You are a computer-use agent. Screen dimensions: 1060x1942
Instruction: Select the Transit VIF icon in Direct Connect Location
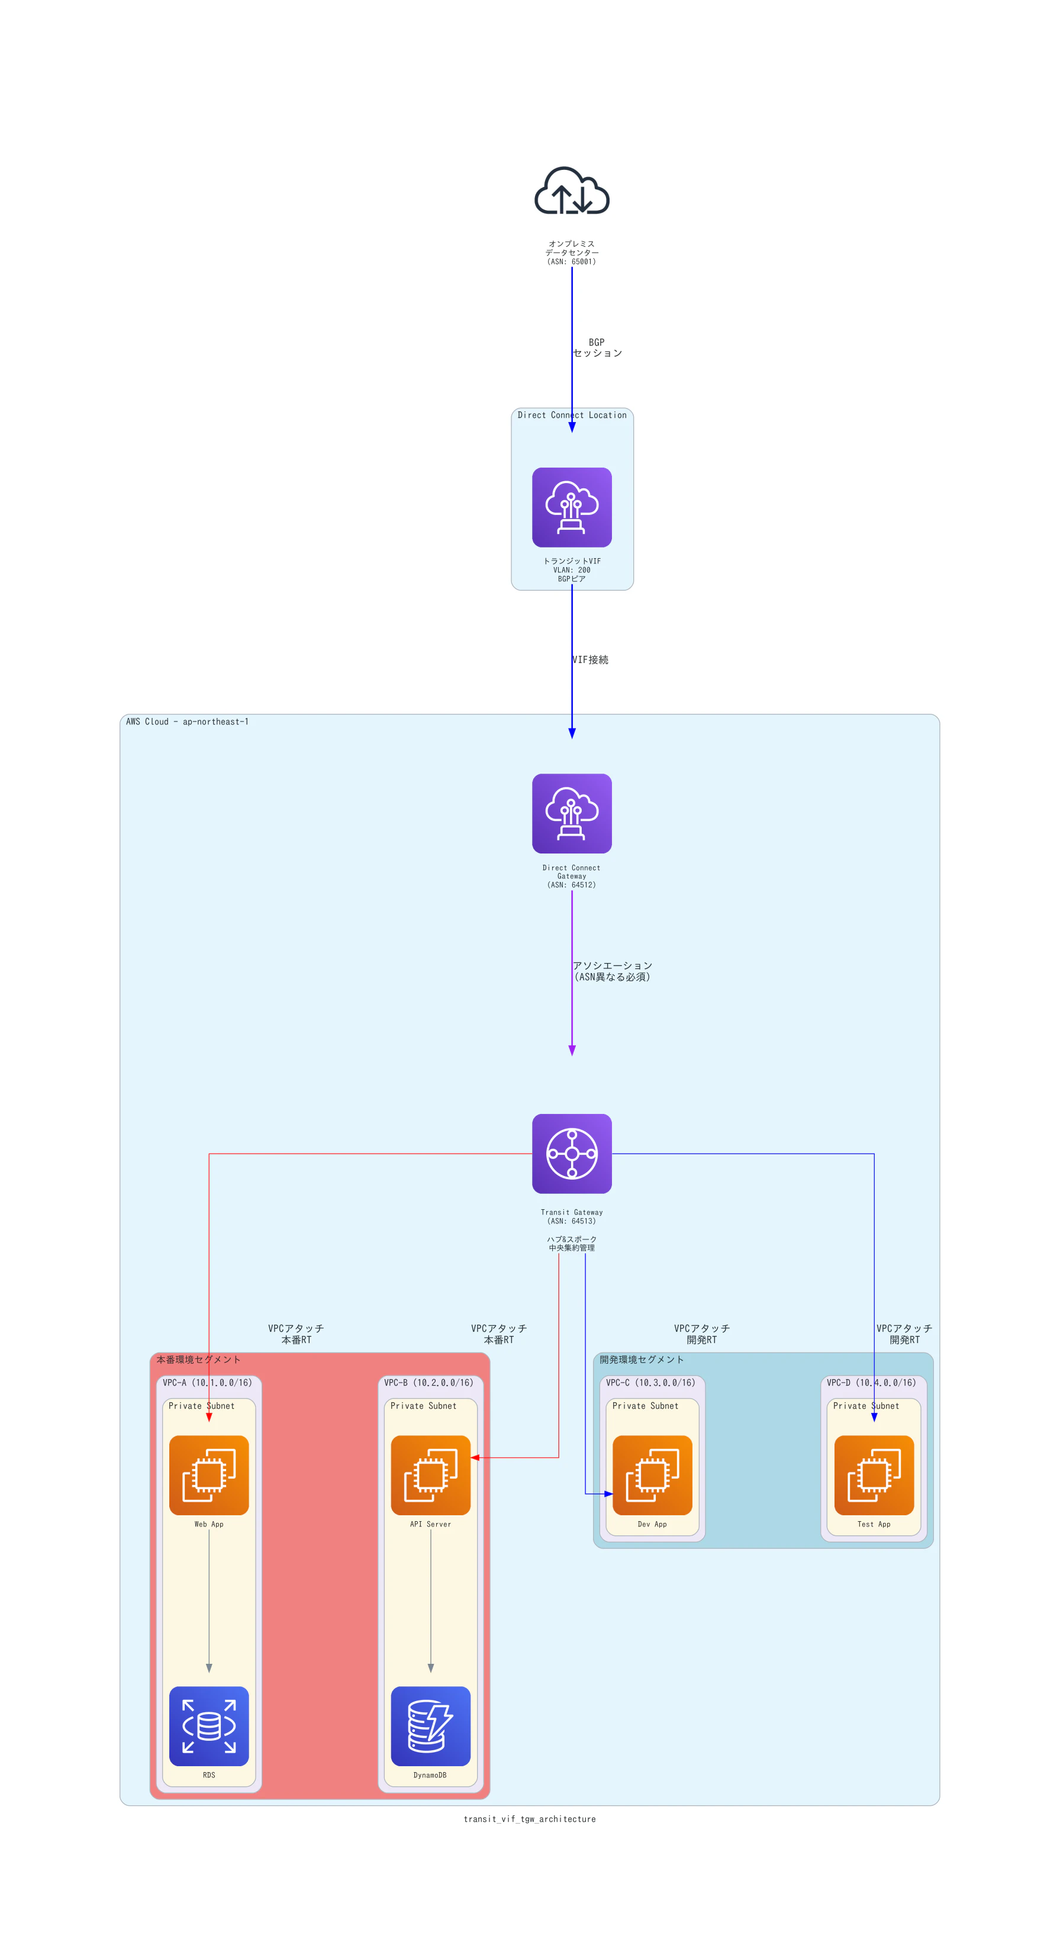[572, 507]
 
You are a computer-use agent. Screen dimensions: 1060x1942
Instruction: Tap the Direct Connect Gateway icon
[572, 813]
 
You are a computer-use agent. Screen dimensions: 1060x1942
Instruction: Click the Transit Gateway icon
[572, 1154]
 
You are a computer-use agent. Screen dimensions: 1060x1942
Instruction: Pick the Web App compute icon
[209, 1476]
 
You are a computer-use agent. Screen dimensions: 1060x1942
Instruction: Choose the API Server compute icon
[430, 1476]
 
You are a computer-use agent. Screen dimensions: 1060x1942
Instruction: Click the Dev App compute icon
[652, 1476]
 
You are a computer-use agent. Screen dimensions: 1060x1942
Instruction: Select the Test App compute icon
[874, 1476]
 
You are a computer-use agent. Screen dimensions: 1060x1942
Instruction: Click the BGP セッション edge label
[597, 347]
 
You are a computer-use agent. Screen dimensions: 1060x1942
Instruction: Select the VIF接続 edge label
[590, 659]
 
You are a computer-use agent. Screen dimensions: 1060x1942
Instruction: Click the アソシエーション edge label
[612, 971]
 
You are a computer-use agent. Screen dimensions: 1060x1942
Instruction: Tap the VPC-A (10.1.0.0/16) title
[207, 1383]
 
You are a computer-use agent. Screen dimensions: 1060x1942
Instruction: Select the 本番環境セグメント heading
[198, 1359]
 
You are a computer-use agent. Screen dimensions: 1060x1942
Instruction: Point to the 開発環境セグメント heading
[642, 1359]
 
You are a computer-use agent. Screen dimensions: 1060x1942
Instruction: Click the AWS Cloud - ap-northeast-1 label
[187, 722]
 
